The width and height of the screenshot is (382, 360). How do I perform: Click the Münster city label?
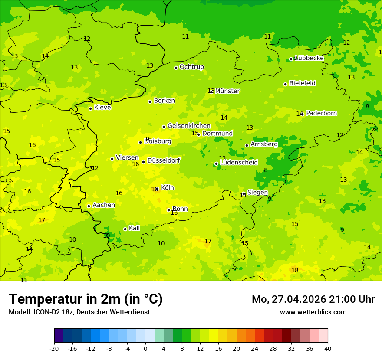(x=227, y=91)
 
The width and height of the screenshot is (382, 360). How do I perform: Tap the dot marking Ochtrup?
(x=176, y=68)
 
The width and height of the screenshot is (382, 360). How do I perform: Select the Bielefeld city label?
(x=302, y=83)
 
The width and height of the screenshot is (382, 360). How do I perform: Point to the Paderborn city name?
(x=321, y=113)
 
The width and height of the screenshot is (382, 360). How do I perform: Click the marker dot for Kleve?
(x=90, y=108)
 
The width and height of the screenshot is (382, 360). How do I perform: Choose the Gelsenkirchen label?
(x=189, y=126)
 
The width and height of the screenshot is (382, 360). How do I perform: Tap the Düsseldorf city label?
(x=164, y=160)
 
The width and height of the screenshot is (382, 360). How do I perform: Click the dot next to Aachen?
(x=89, y=206)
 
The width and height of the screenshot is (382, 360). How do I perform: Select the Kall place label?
(x=135, y=228)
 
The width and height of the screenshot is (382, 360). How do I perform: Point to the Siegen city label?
(x=257, y=193)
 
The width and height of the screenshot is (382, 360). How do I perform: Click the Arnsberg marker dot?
(x=247, y=145)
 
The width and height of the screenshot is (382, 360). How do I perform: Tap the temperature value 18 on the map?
(x=295, y=270)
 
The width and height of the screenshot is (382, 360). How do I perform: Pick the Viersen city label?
(x=127, y=158)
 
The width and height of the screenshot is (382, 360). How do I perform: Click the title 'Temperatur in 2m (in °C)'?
(x=86, y=299)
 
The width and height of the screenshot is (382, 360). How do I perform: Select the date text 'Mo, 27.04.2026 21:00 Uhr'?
(x=313, y=299)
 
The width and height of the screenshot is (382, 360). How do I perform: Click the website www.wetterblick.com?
(x=313, y=312)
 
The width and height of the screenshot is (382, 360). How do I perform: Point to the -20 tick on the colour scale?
(x=54, y=348)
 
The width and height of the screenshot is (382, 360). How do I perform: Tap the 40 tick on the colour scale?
(x=327, y=348)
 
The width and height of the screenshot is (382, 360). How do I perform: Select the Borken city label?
(x=165, y=101)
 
